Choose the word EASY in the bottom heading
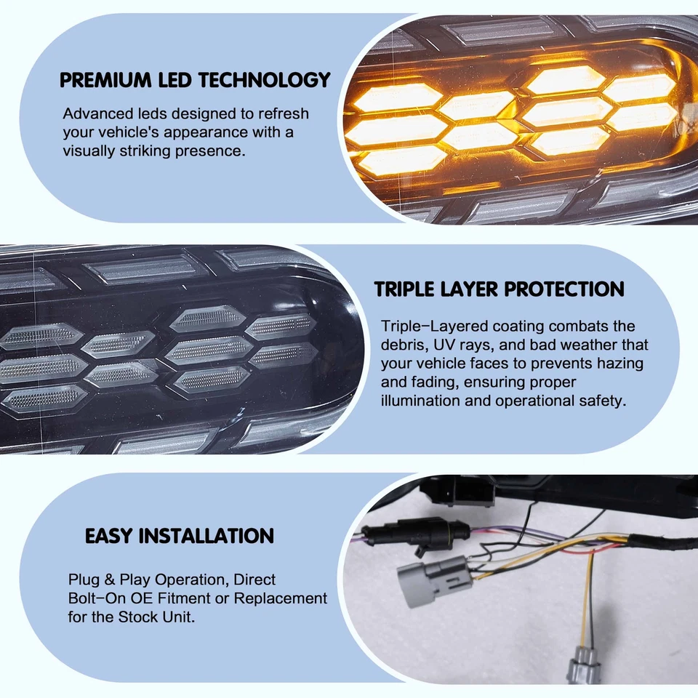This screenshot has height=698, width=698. click(109, 537)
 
